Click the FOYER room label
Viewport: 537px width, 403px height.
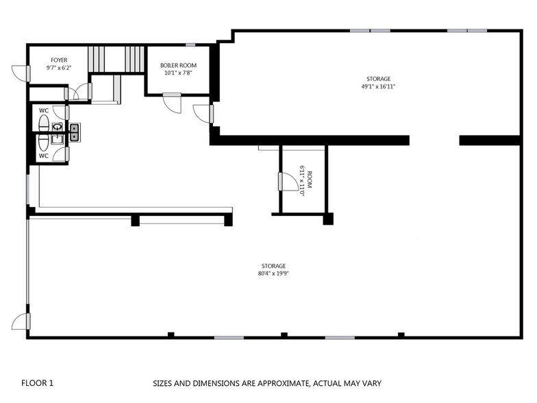58,60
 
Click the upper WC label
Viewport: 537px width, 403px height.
43,110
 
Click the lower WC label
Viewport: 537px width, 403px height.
43,156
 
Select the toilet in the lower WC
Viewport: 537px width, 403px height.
44,141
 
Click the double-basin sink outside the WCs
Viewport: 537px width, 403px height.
74,131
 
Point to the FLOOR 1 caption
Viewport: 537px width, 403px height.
37,383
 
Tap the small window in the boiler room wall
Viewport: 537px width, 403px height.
190,45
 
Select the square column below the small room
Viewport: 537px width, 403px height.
328,219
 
